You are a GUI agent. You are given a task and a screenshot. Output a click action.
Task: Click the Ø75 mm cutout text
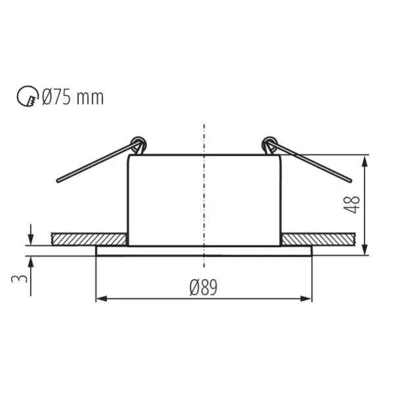pos(72,98)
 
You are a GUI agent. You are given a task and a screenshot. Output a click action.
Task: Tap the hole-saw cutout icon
pos(26,98)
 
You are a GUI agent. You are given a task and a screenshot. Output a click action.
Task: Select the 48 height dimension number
pos(354,204)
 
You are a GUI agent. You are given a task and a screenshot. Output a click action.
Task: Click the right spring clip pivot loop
pos(268,143)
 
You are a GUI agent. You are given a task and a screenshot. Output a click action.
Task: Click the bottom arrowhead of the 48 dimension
pos(365,250)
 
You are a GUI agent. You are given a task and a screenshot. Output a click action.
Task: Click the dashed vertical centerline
pos(205,197)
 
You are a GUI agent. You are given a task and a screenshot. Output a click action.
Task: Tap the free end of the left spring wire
pos(58,179)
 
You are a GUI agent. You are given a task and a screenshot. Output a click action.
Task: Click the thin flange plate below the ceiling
pos(204,251)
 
